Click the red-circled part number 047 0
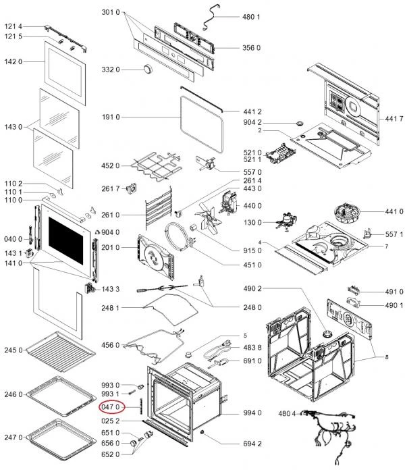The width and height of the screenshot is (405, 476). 111,406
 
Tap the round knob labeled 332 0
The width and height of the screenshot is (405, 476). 148,69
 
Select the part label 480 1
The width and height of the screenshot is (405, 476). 251,17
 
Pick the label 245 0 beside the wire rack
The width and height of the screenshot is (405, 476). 13,350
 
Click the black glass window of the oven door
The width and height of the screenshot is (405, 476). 66,240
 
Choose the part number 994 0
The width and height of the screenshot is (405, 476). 252,413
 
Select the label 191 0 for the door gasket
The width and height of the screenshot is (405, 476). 111,117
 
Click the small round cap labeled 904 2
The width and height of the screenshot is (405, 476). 300,124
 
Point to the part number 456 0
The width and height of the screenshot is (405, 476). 111,345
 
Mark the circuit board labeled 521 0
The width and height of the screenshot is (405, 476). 280,154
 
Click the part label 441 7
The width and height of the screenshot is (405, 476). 394,119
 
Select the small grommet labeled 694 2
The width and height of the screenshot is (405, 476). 202,432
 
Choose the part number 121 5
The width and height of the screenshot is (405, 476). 13,36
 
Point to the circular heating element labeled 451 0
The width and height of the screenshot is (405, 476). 179,237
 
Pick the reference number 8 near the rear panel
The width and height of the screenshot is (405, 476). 387,357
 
